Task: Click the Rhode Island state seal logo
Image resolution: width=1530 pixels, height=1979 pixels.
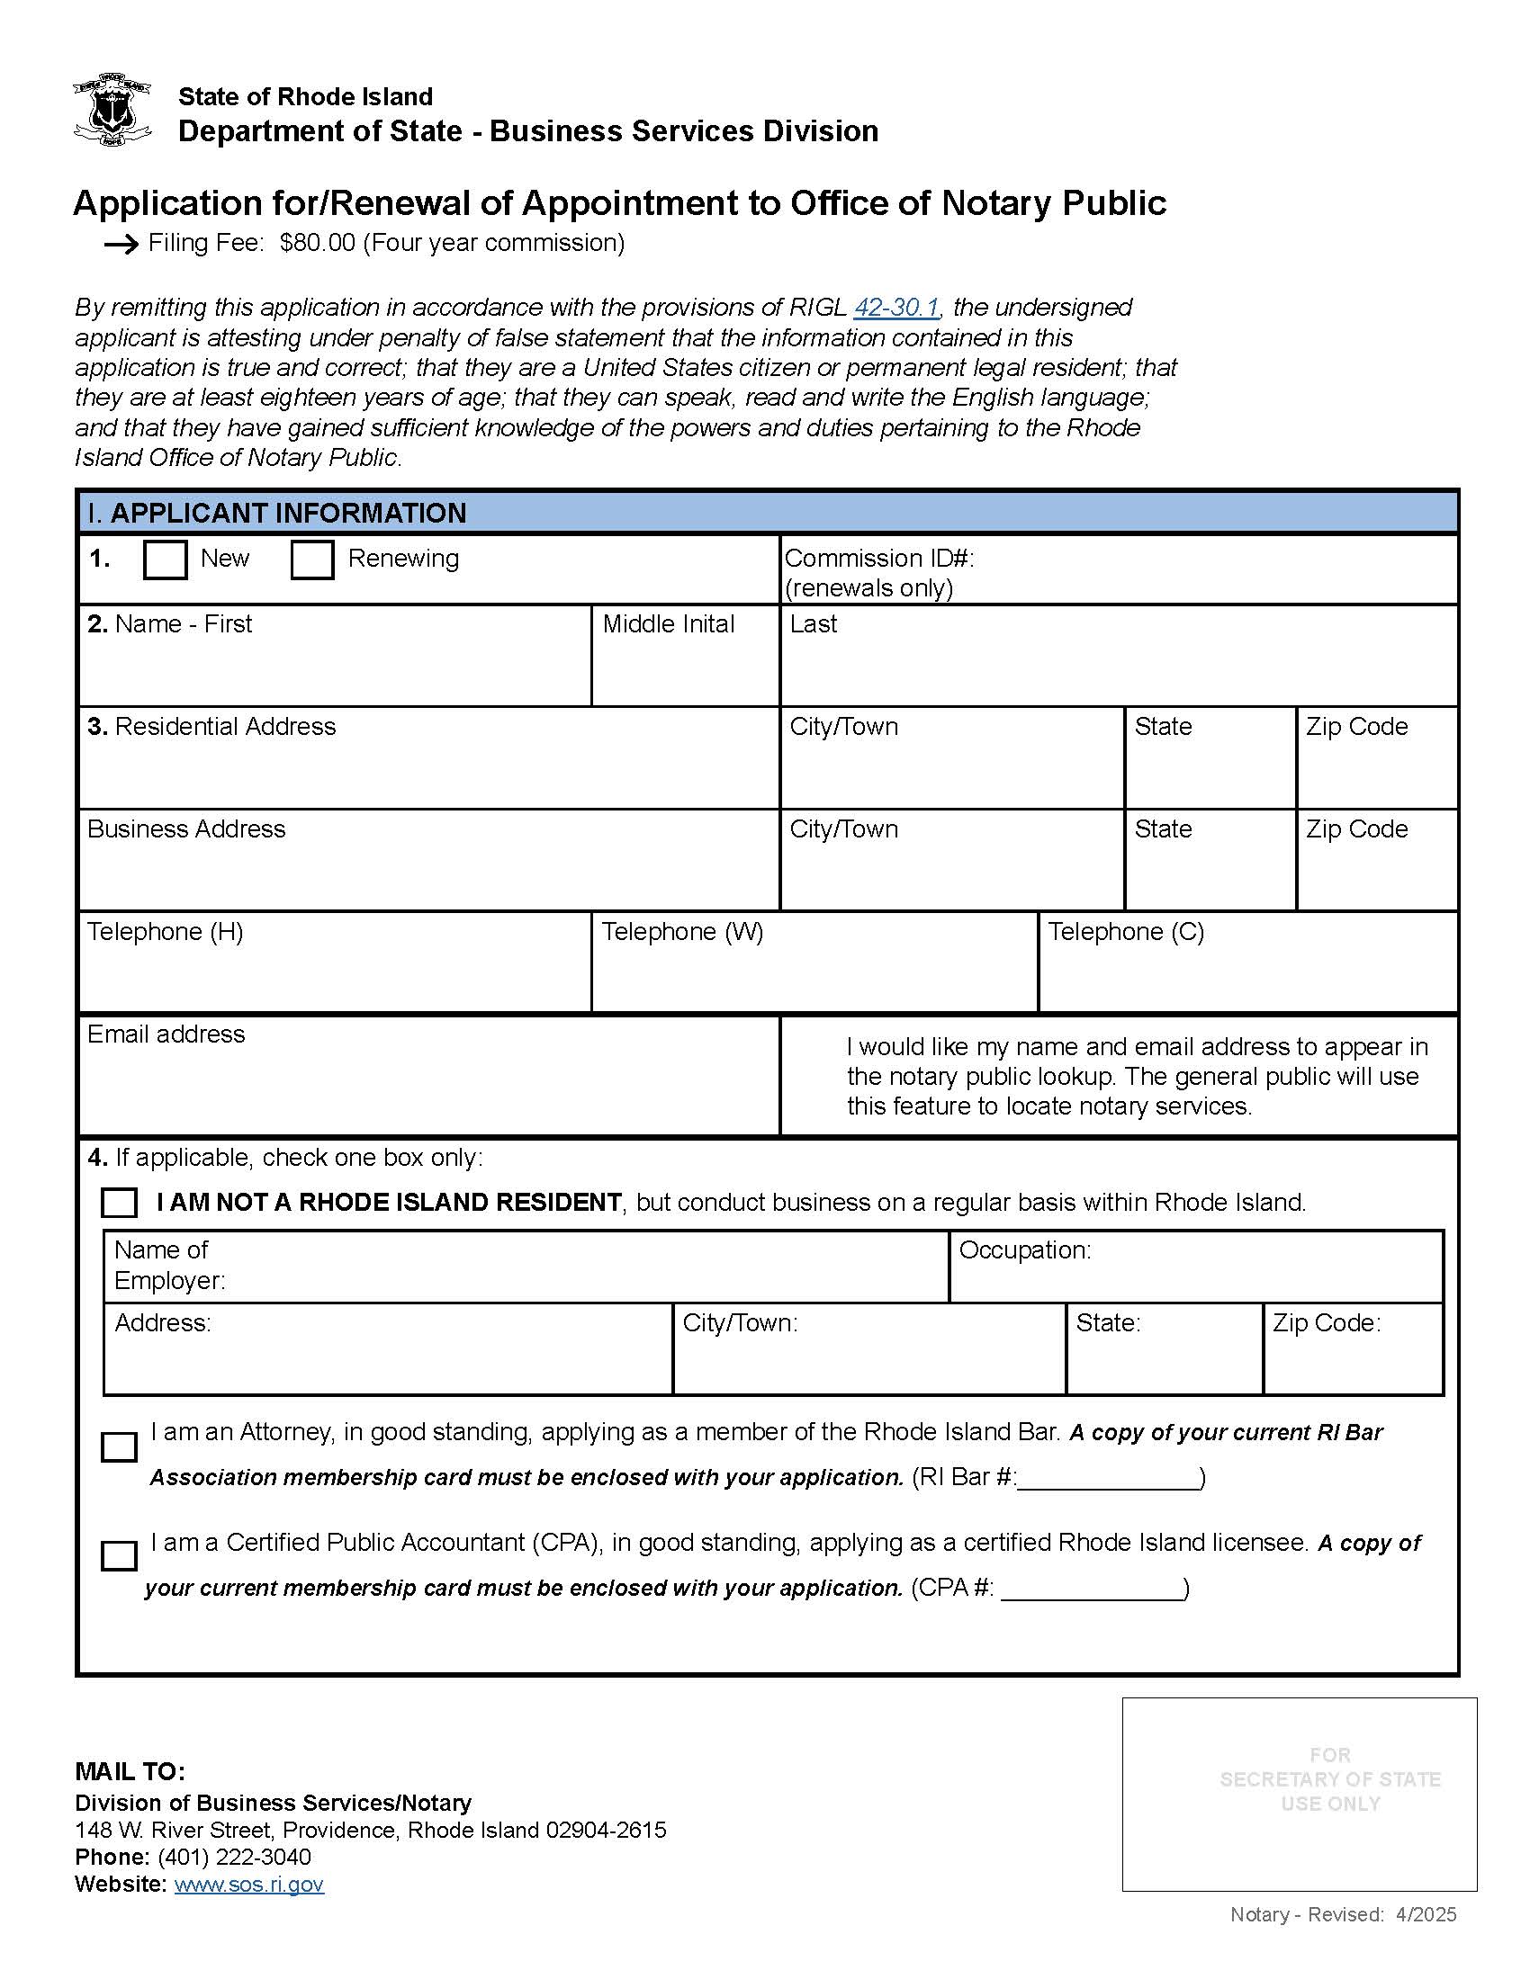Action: (111, 110)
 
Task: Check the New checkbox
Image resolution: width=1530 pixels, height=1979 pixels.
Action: (165, 560)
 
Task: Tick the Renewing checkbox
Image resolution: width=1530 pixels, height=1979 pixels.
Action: (311, 560)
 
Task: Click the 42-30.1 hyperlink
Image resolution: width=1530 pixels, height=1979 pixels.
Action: (895, 307)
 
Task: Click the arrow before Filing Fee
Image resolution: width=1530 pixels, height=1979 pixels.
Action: (121, 245)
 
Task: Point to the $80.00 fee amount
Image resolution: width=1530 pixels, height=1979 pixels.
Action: (317, 243)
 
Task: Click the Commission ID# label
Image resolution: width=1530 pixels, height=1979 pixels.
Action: (878, 559)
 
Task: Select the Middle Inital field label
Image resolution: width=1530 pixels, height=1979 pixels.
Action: (668, 623)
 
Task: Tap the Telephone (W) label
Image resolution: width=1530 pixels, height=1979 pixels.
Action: (681, 932)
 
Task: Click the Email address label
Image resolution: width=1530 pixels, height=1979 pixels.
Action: (166, 1034)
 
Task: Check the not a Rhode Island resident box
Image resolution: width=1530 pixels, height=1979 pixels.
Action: (119, 1204)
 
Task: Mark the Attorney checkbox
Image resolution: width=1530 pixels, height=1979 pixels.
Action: (119, 1447)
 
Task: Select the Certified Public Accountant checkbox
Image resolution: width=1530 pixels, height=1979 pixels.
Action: (119, 1556)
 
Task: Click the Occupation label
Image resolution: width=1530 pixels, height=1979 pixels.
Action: (1024, 1250)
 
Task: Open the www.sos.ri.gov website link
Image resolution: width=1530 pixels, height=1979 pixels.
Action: (248, 1884)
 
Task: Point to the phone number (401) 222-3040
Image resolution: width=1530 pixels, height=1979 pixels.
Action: (234, 1857)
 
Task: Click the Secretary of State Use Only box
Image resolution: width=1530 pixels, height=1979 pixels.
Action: (1299, 1795)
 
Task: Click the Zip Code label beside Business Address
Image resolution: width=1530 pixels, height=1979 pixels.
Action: (1356, 829)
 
